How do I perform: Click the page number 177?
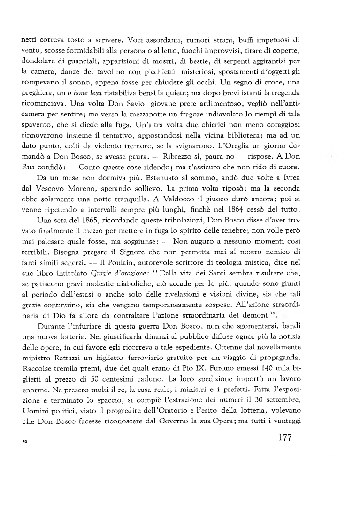(281, 437)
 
